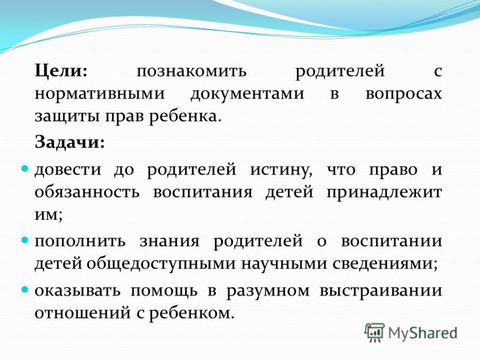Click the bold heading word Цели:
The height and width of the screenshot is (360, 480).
click(x=61, y=71)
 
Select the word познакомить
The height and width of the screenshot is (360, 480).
click(x=191, y=71)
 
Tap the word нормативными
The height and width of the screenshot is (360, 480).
click(x=100, y=94)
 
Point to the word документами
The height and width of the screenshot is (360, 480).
click(x=247, y=94)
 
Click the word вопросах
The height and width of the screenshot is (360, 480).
click(x=404, y=94)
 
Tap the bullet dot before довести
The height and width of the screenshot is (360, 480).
click(x=25, y=169)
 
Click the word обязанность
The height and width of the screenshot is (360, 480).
click(x=87, y=192)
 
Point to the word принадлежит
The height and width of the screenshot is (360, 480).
click(x=384, y=193)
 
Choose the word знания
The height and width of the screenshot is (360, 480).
click(x=170, y=241)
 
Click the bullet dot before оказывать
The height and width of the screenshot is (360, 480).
click(x=25, y=289)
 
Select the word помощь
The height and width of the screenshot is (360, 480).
click(x=164, y=291)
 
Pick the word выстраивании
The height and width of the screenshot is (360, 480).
click(x=381, y=291)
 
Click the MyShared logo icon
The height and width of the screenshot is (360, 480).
click(x=374, y=332)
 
